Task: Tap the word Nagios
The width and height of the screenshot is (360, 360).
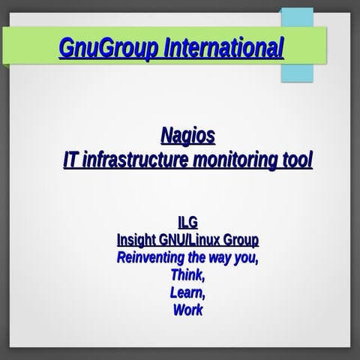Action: coord(187,136)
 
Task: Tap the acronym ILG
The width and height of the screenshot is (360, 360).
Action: coord(187,223)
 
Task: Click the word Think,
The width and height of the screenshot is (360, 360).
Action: coord(187,274)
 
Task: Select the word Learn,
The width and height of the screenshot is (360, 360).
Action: coord(187,292)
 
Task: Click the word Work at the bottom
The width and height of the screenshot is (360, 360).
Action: coord(187,309)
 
